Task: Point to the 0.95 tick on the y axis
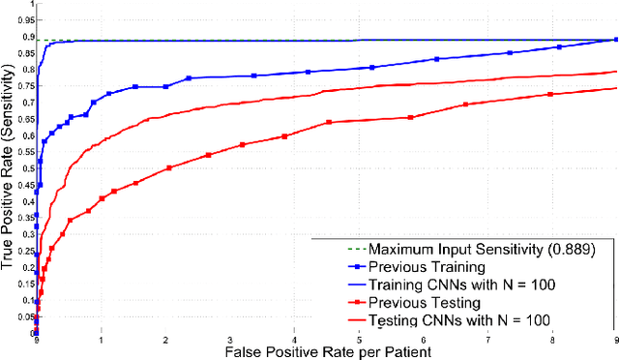click(x=36, y=20)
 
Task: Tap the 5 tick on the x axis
click(x=359, y=333)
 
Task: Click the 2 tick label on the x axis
click(x=165, y=340)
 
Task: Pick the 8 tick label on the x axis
click(x=552, y=340)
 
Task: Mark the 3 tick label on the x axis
click(x=230, y=340)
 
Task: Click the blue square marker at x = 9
click(x=616, y=40)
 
